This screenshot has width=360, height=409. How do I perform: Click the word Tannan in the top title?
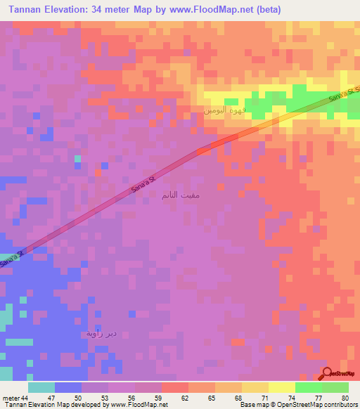coord(29,10)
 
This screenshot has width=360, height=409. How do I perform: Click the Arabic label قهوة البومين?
coord(226,111)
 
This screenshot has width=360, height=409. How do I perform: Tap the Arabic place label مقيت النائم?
coord(180,195)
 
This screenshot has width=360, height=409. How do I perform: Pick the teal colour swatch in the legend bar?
coord(41,387)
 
